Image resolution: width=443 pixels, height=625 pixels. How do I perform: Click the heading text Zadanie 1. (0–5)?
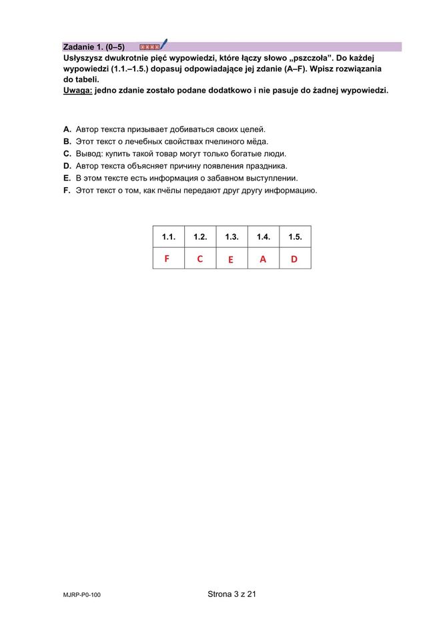(x=93, y=47)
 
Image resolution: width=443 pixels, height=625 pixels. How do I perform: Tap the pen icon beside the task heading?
(x=163, y=45)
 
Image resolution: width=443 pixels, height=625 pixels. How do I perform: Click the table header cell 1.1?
(x=168, y=237)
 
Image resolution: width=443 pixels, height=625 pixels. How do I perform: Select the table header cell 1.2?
(x=200, y=237)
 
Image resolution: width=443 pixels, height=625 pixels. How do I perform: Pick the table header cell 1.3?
(x=232, y=237)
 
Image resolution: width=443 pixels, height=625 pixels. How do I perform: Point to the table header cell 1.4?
(x=263, y=237)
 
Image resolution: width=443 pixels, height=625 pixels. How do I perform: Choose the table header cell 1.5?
(x=295, y=237)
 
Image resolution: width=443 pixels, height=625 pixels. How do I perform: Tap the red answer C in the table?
(x=199, y=259)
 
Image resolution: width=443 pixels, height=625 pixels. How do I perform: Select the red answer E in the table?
(x=230, y=260)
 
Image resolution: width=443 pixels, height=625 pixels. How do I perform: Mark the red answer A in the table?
(x=263, y=260)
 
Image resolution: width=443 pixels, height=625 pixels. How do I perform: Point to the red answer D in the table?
(x=294, y=259)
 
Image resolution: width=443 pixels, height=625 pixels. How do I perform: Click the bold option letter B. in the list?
(x=67, y=142)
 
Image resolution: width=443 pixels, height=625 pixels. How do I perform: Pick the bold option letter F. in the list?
(x=67, y=190)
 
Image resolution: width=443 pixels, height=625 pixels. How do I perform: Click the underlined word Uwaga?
(x=77, y=90)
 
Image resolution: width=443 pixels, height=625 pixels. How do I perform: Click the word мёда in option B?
(x=256, y=142)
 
